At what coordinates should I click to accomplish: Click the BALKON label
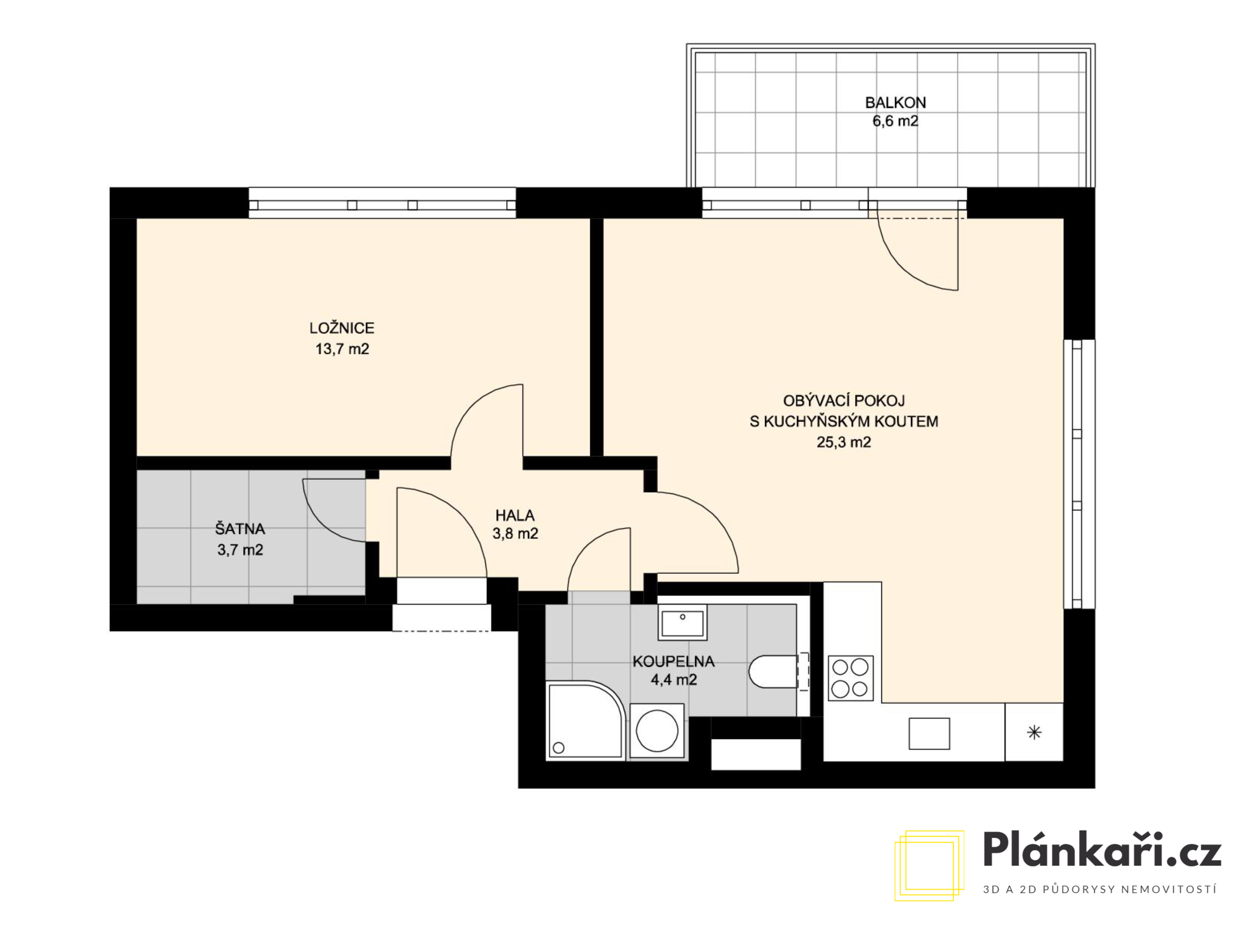click(895, 103)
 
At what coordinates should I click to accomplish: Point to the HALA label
click(515, 516)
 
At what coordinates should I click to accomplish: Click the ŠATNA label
click(240, 529)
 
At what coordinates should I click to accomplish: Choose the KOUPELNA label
click(674, 661)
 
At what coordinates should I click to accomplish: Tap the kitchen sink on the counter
click(929, 734)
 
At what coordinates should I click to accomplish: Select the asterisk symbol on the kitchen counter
click(1034, 732)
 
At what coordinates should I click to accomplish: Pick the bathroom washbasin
click(682, 622)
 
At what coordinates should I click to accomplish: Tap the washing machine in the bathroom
click(657, 731)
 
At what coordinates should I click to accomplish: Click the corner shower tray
click(586, 720)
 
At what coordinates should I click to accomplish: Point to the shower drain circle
click(558, 748)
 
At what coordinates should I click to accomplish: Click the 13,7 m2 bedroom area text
click(342, 349)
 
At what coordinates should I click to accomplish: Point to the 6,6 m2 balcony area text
click(895, 121)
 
